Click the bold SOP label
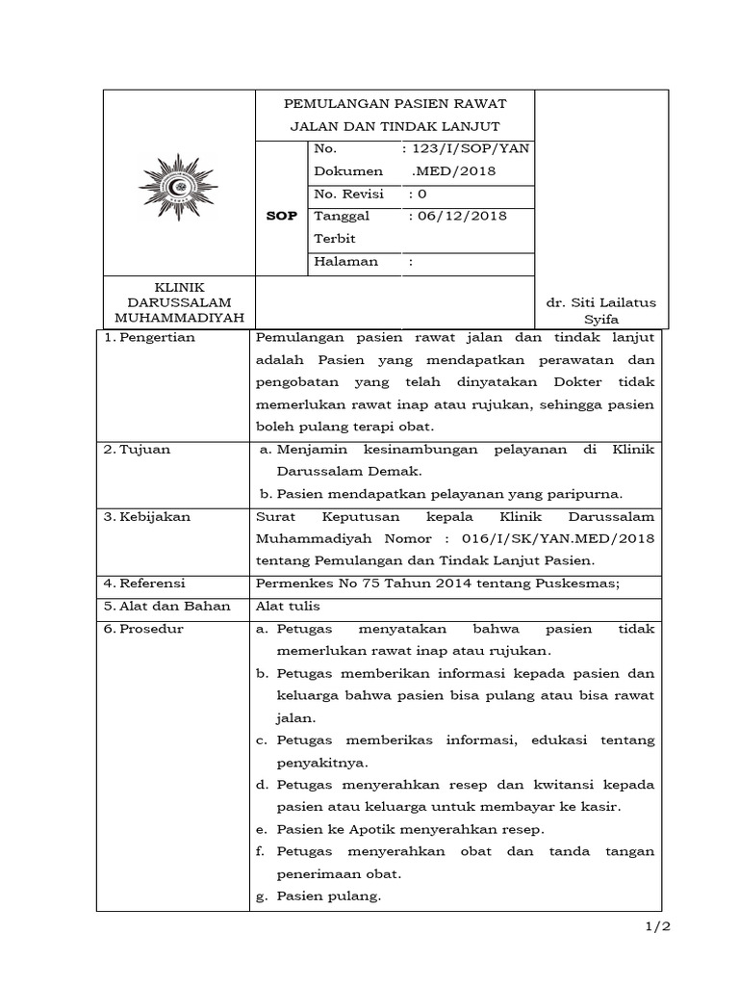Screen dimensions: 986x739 tap(281, 216)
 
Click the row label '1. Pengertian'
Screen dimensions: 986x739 tap(149, 337)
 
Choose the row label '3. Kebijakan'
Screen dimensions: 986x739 tap(148, 516)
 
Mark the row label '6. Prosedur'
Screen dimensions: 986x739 tap(143, 629)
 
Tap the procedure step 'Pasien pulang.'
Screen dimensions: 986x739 tap(329, 895)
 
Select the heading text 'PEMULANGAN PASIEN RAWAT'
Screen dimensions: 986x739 tap(395, 104)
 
